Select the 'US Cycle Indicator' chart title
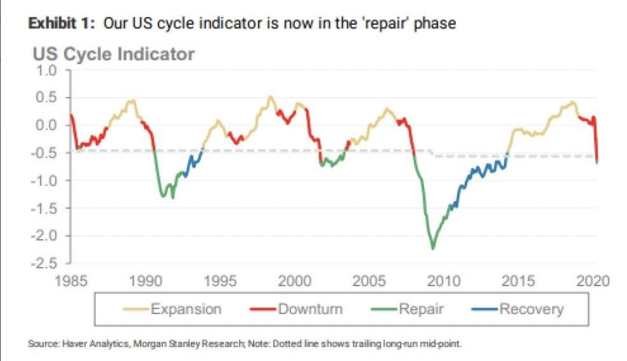point(113,55)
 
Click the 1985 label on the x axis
point(71,280)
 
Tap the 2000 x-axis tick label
point(294,280)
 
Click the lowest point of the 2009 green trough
point(433,248)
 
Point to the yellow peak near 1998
point(271,96)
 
